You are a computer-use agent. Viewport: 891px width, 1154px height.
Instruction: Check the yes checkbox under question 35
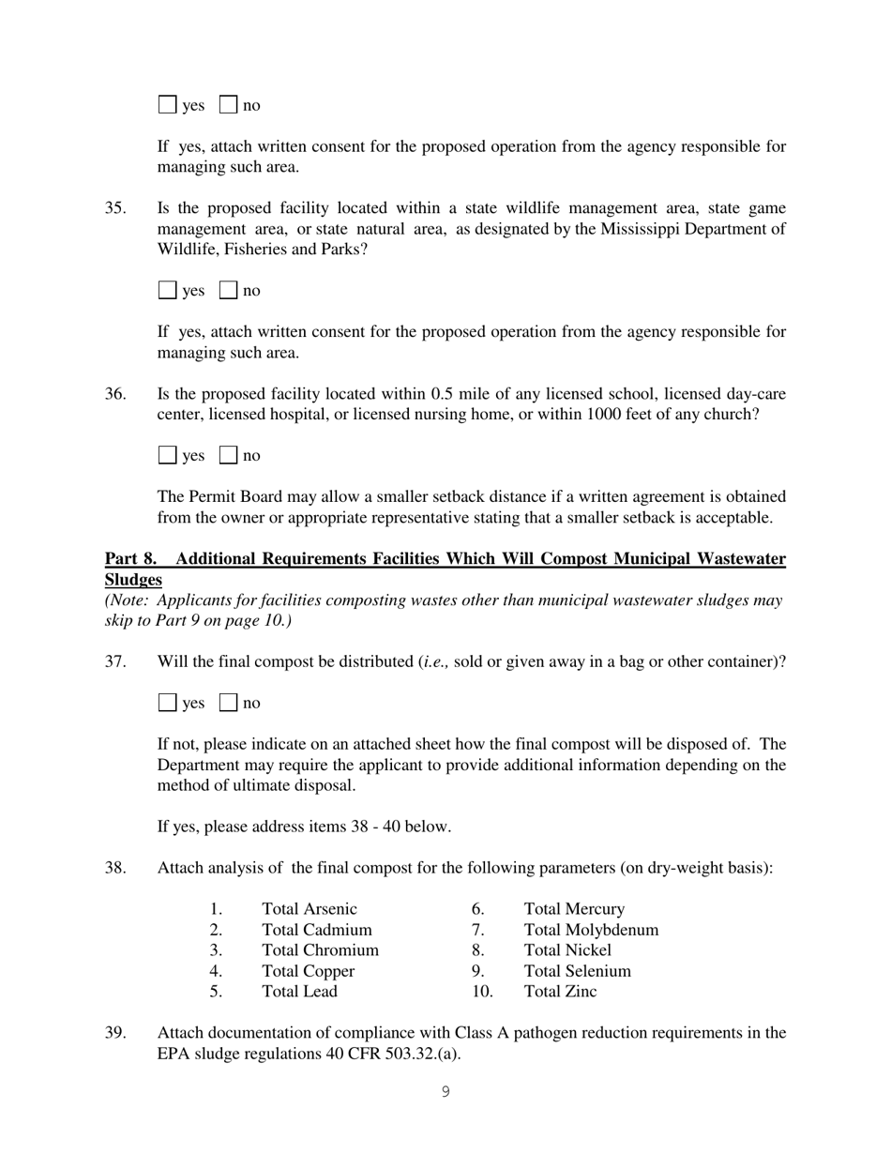(168, 291)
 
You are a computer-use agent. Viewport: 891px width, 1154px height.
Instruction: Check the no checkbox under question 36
(228, 456)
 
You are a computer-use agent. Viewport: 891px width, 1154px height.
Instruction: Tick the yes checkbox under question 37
(168, 703)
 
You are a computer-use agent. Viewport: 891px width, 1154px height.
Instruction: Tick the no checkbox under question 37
(228, 703)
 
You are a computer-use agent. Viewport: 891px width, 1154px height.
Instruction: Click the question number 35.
(115, 208)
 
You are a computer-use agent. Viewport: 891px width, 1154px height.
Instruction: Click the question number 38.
(115, 868)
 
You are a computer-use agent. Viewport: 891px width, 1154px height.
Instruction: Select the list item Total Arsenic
(310, 909)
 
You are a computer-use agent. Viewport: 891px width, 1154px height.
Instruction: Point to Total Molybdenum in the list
(591, 930)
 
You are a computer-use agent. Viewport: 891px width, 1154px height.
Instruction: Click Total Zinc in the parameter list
(560, 992)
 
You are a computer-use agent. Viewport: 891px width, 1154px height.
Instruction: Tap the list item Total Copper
(308, 971)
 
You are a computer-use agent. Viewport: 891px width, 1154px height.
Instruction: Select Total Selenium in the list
(577, 971)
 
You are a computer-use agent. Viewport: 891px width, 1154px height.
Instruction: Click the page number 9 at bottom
(445, 1092)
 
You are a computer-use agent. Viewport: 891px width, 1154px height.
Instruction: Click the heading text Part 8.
(130, 559)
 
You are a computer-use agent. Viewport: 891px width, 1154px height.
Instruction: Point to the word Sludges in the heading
(133, 580)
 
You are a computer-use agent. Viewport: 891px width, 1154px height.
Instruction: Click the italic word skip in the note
(121, 621)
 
